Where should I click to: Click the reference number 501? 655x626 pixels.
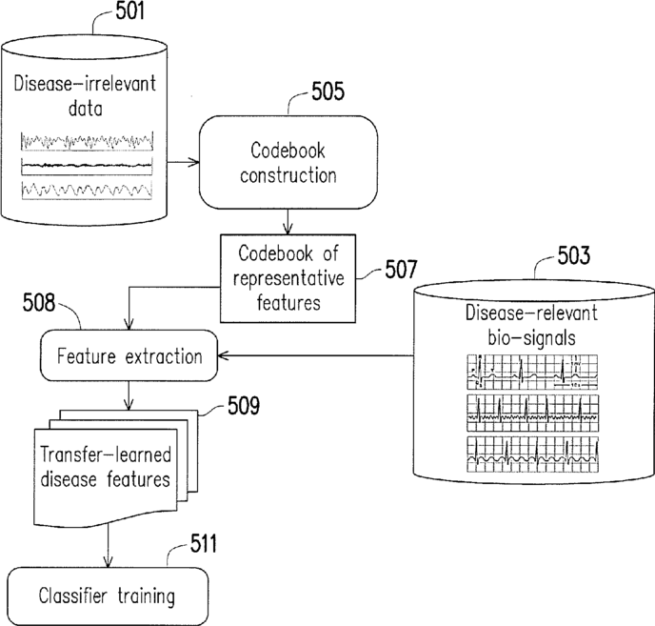129,11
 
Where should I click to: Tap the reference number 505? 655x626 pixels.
327,91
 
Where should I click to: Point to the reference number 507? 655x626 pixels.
401,269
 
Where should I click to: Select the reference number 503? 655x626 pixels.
573,255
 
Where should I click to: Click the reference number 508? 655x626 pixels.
39,302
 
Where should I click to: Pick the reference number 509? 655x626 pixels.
244,405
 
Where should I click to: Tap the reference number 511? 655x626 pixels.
204,544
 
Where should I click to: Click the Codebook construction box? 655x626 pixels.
288,162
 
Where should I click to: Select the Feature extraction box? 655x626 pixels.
129,355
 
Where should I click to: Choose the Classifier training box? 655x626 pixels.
108,596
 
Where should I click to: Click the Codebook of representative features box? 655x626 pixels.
288,278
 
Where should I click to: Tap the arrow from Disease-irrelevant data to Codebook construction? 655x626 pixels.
184,162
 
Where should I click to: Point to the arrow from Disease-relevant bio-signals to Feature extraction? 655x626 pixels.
315,355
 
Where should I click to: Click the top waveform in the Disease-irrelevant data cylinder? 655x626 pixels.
87,141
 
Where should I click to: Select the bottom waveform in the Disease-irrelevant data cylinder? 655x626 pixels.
87,191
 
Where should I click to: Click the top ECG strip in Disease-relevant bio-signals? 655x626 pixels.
532,373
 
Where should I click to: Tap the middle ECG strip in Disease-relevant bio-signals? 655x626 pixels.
532,414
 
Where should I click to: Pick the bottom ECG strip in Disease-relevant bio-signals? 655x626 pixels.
532,454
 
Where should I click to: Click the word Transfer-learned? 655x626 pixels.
106,454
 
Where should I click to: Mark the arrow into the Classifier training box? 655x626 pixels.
109,545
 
